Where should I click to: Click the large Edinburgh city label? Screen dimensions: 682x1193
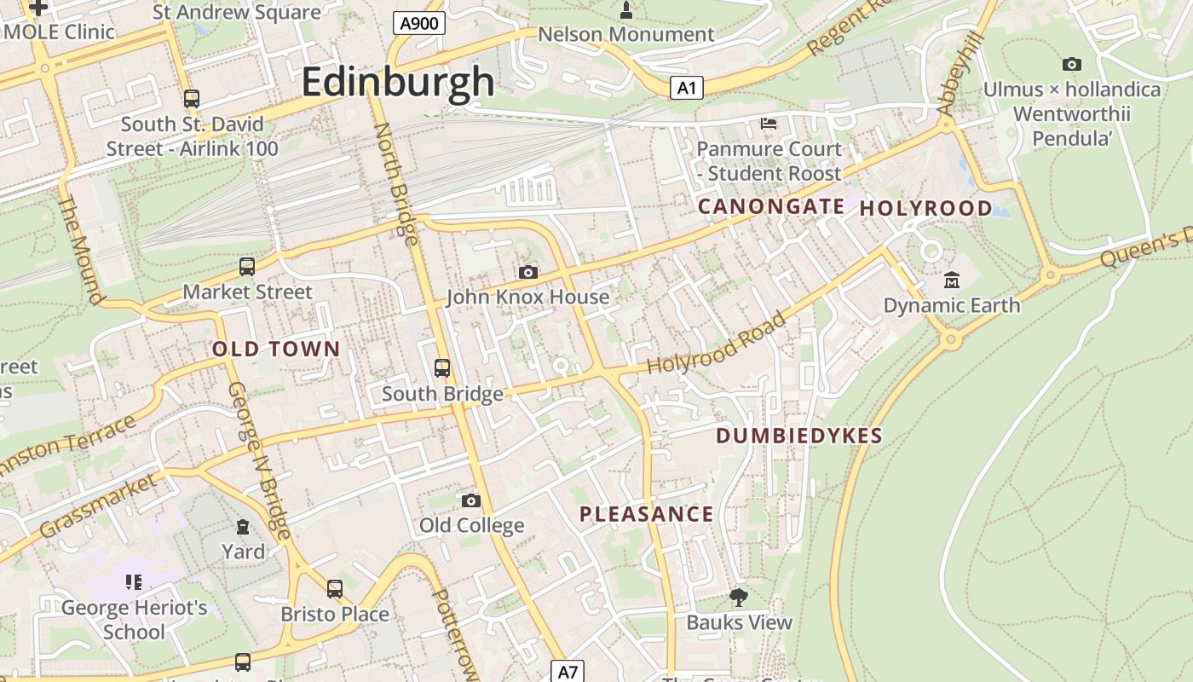[398, 82]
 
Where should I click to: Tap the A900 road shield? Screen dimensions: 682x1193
[420, 23]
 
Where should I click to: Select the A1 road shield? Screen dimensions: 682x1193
[686, 87]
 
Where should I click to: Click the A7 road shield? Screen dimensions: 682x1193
[568, 671]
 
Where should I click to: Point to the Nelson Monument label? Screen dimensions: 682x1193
[626, 35]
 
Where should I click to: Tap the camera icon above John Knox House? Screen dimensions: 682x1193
[528, 272]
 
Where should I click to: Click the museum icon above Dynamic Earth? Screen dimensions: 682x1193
[951, 280]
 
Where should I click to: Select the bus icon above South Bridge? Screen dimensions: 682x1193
[442, 368]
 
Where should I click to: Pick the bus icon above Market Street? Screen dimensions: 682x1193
[247, 267]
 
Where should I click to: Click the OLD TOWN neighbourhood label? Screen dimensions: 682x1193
[276, 349]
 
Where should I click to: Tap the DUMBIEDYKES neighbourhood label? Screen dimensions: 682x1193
[798, 436]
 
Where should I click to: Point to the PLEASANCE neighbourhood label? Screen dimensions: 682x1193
[647, 514]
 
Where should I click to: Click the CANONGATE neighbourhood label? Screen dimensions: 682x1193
[771, 206]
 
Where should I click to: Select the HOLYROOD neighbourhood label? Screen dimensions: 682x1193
[926, 208]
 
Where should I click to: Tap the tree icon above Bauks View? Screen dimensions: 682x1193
[739, 597]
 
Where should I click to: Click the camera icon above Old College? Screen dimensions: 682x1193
[471, 500]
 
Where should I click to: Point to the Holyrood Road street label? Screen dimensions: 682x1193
[716, 344]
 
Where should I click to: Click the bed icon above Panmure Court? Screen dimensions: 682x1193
[768, 124]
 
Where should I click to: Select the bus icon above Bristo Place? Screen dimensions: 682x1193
[335, 588]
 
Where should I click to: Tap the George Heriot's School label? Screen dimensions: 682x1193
[135, 620]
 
